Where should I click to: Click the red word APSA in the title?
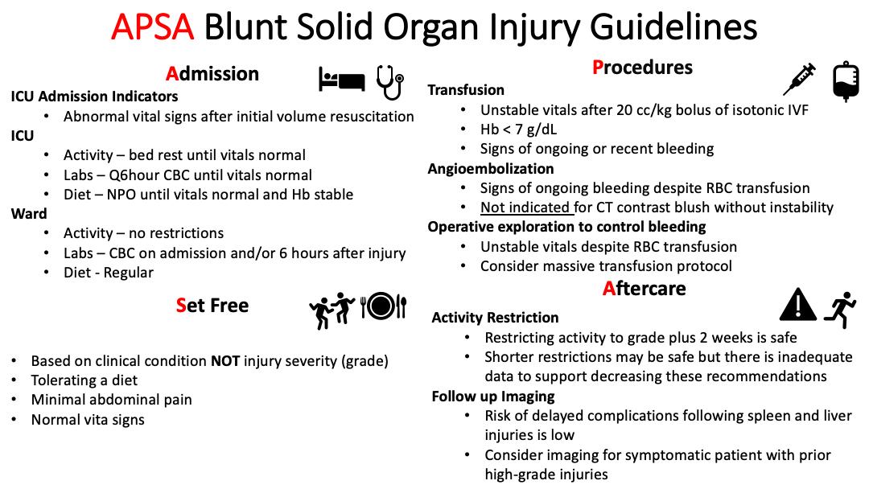[153, 28]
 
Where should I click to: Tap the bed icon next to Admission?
[342, 80]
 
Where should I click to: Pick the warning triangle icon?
[796, 305]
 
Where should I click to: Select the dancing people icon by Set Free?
[332, 306]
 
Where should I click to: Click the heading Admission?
[212, 74]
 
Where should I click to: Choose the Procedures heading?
[642, 68]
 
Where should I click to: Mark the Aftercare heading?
[644, 288]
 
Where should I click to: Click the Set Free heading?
[212, 306]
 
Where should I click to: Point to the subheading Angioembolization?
[491, 169]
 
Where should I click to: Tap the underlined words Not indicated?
[526, 208]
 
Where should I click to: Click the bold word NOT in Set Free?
[225, 361]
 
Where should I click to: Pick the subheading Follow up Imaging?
[493, 396]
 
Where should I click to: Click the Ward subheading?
[29, 214]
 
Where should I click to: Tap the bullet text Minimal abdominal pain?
[111, 400]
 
